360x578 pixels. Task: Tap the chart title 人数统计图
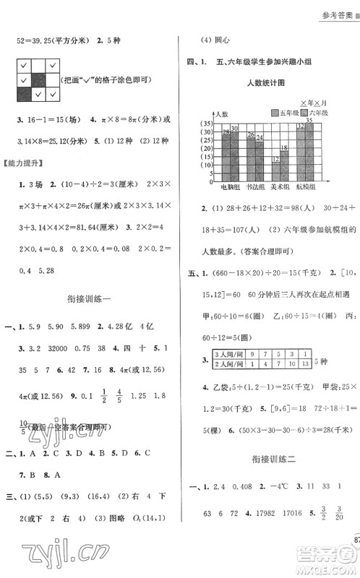click(268, 84)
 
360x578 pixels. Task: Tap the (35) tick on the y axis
click(205, 124)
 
